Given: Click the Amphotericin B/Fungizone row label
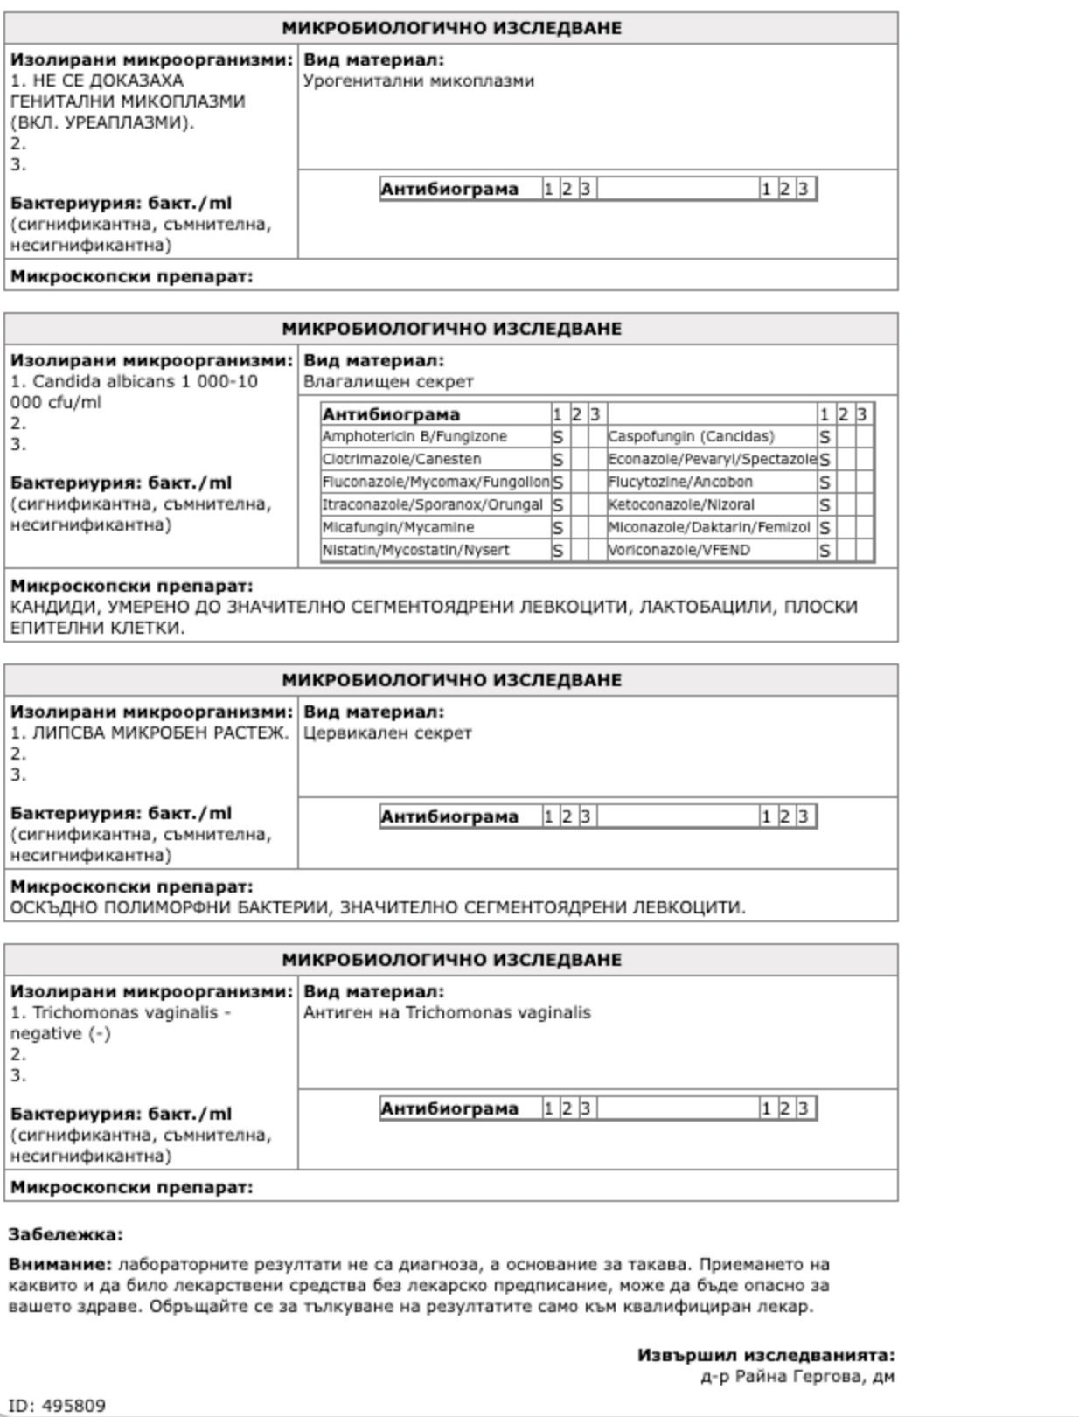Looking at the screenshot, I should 414,436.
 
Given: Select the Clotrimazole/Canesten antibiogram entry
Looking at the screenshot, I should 401,459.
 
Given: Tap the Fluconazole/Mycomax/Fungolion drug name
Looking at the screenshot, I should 435,482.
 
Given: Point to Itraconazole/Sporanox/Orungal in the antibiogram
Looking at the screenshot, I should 432,504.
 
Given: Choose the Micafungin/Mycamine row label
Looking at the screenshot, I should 398,527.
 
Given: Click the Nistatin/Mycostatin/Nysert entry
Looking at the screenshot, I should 415,550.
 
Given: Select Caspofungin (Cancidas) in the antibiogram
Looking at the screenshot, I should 691,436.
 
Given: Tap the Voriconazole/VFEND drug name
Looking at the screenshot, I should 679,550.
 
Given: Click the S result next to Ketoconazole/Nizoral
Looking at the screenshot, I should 825,505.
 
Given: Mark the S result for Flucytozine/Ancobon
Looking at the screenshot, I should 825,483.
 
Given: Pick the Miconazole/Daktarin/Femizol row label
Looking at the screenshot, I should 709,527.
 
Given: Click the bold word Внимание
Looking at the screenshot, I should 60,1264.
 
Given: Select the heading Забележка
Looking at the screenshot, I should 66,1234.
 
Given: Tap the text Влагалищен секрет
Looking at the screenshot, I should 388,381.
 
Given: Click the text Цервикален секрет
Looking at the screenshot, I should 387,733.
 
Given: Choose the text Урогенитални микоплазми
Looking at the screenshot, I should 418,80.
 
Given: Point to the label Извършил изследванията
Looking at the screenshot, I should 765,1355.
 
